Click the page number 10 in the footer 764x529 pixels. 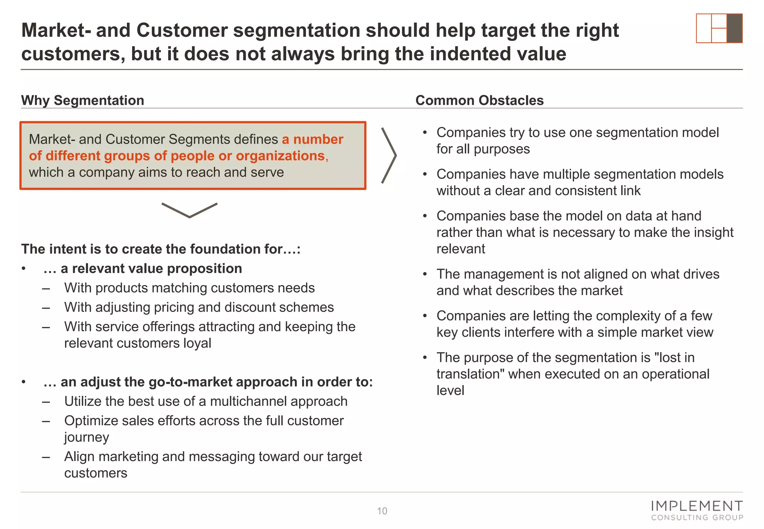tap(382, 511)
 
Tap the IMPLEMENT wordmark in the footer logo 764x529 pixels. tap(696, 506)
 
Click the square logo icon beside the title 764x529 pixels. tap(719, 28)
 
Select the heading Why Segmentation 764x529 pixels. tap(82, 100)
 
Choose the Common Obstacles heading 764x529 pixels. tap(479, 100)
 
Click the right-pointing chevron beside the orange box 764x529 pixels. tap(389, 156)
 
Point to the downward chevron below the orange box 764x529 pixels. tap(189, 210)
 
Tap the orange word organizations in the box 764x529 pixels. tap(280, 156)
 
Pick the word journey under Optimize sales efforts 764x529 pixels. tap(87, 437)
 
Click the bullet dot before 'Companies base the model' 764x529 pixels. tap(425, 216)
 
